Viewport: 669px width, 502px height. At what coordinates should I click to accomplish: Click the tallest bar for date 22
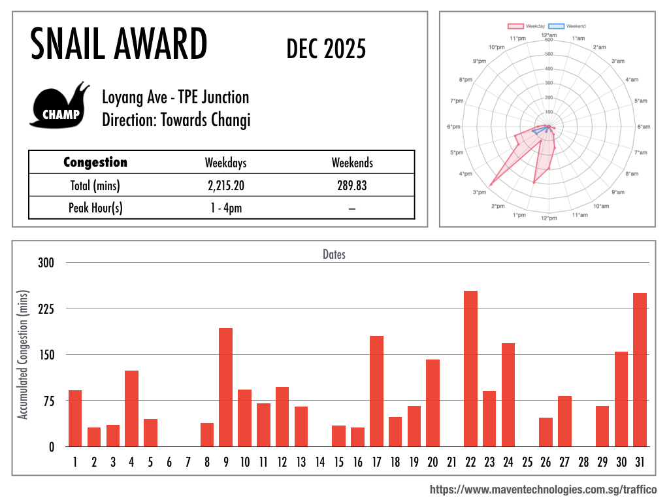click(470, 369)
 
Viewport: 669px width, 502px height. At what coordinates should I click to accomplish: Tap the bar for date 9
click(225, 387)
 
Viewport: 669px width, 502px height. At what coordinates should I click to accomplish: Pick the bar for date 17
click(376, 391)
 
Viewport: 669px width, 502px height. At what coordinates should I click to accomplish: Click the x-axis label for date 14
click(320, 463)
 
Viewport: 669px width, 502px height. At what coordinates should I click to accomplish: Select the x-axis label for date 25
click(527, 463)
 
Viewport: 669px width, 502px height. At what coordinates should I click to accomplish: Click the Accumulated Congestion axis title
click(24, 355)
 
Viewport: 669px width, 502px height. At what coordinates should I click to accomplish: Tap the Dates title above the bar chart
click(334, 254)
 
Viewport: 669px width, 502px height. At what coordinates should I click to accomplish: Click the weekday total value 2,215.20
click(226, 186)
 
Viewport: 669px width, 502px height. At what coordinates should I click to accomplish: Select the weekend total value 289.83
click(352, 186)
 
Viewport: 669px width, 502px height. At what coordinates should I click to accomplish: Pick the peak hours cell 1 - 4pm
click(226, 208)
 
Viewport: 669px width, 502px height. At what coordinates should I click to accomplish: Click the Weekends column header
click(352, 163)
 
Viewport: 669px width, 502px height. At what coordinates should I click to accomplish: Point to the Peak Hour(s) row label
click(95, 208)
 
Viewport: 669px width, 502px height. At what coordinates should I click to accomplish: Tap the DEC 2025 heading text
click(326, 49)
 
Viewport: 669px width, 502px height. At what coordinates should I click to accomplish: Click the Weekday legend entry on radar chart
click(526, 26)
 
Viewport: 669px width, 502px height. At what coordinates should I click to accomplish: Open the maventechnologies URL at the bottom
click(543, 490)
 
